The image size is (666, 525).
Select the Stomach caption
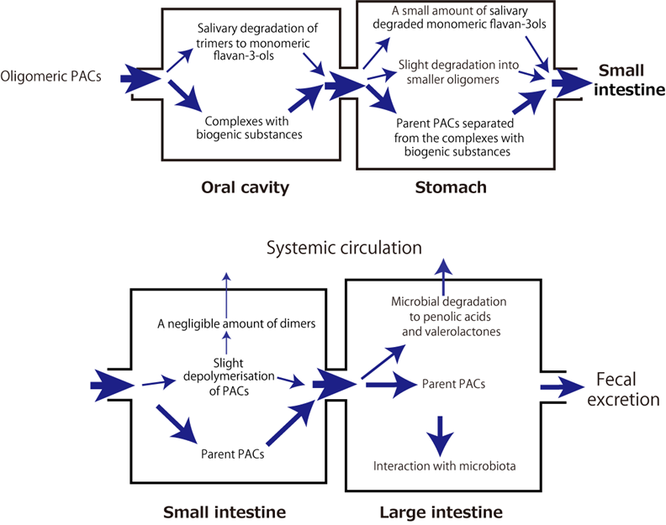coord(451,187)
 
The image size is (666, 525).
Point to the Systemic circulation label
coord(344,248)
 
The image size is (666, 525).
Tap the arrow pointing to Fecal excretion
coord(560,387)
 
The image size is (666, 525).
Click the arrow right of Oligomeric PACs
coord(140,79)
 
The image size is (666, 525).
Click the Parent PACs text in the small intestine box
coord(228,455)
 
